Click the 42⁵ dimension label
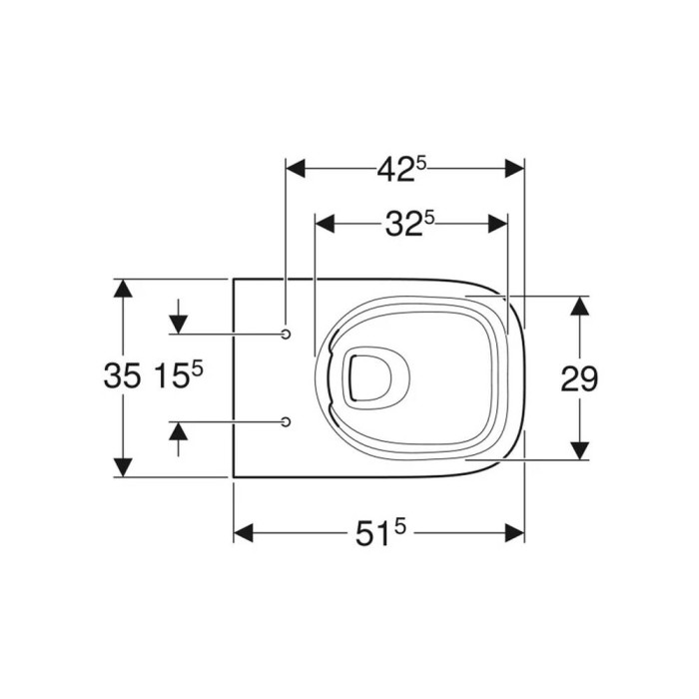pyautogui.click(x=401, y=170)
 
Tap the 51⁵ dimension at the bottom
pyautogui.click(x=380, y=533)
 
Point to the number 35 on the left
pyautogui.click(x=122, y=374)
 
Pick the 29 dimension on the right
pyautogui.click(x=579, y=378)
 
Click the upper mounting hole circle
pyautogui.click(x=286, y=334)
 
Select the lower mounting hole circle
pyautogui.click(x=286, y=421)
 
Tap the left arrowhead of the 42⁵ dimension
pyautogui.click(x=296, y=169)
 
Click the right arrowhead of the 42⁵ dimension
pyautogui.click(x=514, y=169)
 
